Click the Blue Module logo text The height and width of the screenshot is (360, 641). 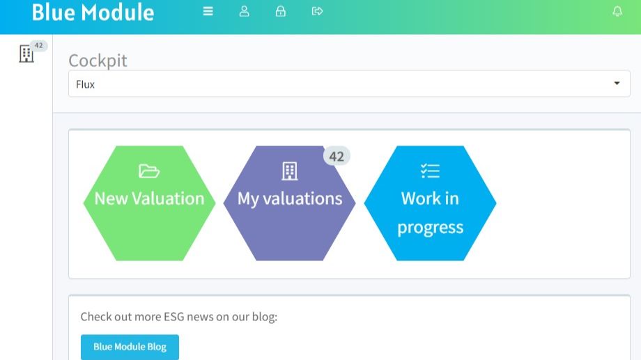(93, 13)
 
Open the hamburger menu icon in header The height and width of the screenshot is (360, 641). (208, 11)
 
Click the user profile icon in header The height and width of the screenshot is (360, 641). (244, 11)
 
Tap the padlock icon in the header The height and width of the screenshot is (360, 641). (280, 11)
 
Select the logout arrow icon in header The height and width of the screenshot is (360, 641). (317, 11)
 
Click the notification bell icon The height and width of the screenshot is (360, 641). (617, 11)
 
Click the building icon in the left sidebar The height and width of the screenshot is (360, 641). (26, 54)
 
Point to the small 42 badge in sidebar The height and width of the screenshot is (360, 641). (38, 45)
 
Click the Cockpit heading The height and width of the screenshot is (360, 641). (98, 61)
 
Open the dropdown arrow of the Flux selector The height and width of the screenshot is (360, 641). (617, 84)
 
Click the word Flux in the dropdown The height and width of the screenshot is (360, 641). (85, 84)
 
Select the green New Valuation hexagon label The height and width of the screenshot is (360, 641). (149, 198)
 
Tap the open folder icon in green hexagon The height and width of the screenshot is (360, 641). (149, 171)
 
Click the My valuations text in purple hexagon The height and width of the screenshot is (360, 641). (290, 199)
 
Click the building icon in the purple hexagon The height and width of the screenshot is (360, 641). (289, 171)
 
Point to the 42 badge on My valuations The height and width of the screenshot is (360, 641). (337, 156)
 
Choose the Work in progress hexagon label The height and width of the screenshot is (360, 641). (430, 213)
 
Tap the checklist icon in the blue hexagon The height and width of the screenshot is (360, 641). (430, 171)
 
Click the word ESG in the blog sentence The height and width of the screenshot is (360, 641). (174, 317)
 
